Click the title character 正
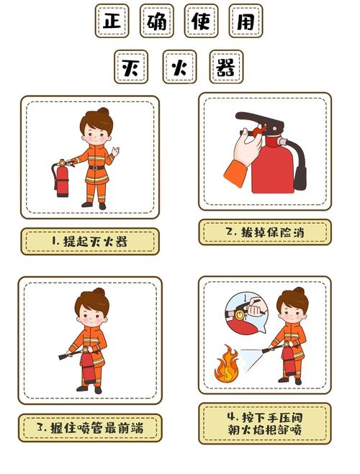point(112,21)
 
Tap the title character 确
point(157,21)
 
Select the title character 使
point(201,21)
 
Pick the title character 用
point(246,21)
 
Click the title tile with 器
point(226,67)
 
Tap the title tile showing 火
point(179,67)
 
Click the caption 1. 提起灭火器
point(89,241)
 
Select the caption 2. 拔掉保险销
point(265,232)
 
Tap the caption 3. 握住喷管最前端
point(90,428)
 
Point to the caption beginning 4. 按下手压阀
point(265,424)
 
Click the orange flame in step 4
point(226,364)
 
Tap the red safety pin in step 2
point(259,130)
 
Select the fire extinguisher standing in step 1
point(62,178)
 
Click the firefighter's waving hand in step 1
point(116,150)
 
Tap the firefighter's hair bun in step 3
point(99,292)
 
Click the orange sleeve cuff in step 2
point(235,173)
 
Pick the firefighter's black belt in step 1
point(96,168)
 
